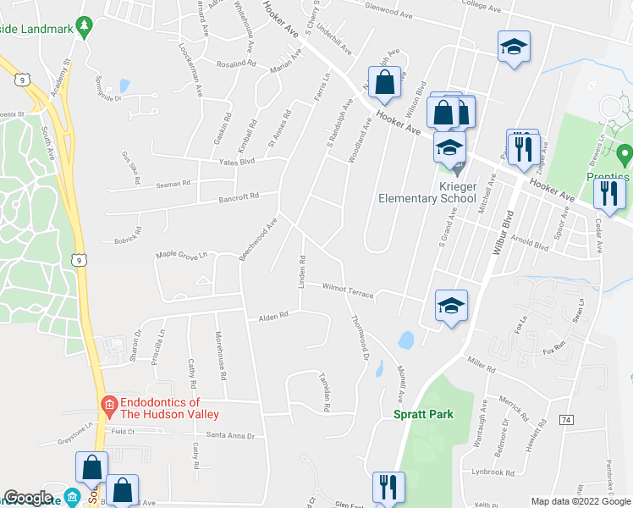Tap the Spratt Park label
coord(423,414)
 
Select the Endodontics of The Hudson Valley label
coord(159,408)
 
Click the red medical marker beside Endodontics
coord(108,408)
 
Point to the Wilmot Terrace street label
coord(348,289)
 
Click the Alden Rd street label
coord(273,316)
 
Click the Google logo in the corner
coord(28,498)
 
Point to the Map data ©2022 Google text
coord(580,501)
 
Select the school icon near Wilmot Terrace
coord(451,305)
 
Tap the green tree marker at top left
coord(83,27)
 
